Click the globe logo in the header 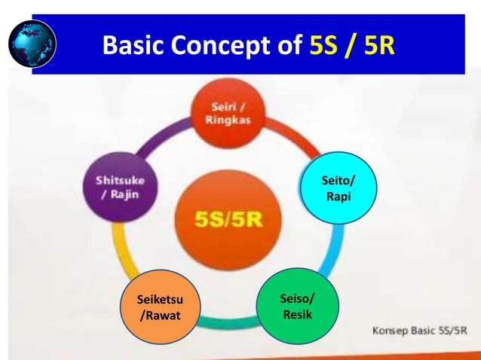[x=32, y=42]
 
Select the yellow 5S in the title [x=326, y=47]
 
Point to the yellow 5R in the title [x=378, y=47]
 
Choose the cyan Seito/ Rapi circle [x=336, y=190]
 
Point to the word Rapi [x=336, y=197]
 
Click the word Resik [x=298, y=314]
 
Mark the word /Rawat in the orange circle [x=161, y=316]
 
